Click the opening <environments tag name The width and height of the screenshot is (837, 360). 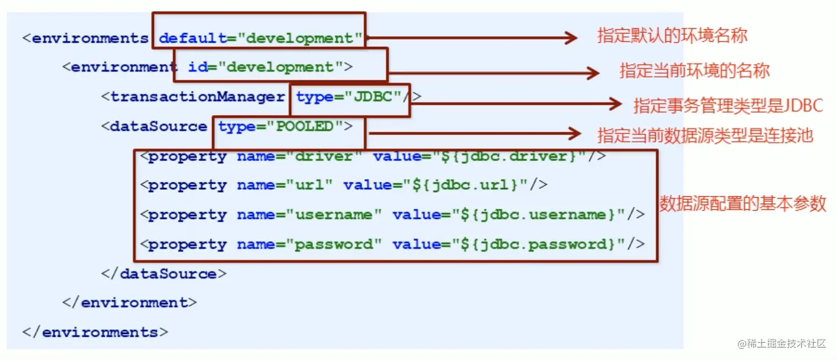tap(85, 38)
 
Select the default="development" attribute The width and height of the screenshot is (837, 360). tap(261, 38)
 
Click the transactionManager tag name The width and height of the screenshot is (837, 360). tap(198, 97)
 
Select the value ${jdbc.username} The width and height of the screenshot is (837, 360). tap(540, 215)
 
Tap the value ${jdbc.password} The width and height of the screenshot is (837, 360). tap(540, 244)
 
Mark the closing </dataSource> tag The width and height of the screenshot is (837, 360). tap(163, 274)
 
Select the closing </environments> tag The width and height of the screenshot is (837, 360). tap(95, 332)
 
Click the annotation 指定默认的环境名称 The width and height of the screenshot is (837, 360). tap(672, 36)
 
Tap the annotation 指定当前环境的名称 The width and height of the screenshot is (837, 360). tap(694, 71)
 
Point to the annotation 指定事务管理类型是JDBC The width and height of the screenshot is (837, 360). tap(728, 105)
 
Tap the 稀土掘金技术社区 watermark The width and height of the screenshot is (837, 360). tap(781, 343)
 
